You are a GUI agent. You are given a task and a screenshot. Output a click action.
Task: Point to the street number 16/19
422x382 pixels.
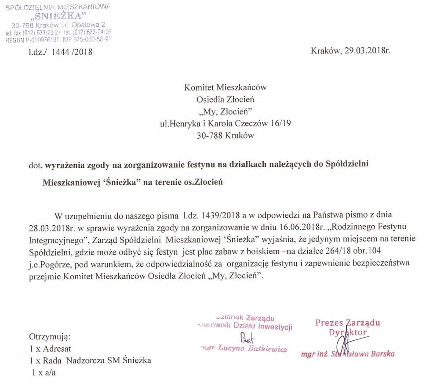(x=280, y=124)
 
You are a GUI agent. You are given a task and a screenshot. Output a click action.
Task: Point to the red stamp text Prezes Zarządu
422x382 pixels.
(x=348, y=323)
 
